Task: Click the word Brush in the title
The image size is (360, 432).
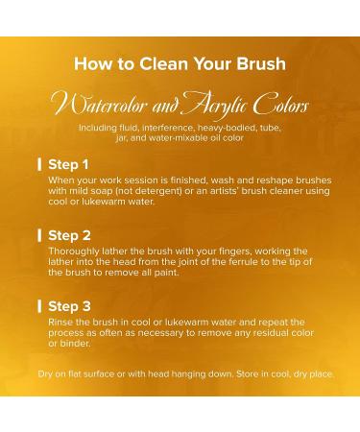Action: tap(261, 63)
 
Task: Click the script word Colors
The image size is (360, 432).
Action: tap(280, 103)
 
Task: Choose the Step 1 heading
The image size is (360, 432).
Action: tap(68, 164)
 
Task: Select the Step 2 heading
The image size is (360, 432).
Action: tap(69, 235)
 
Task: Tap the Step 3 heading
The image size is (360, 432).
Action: tap(69, 306)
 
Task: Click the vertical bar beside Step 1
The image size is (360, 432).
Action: tap(39, 164)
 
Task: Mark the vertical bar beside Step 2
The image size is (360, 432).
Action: tap(39, 235)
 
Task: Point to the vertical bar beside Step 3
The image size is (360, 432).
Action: tap(39, 306)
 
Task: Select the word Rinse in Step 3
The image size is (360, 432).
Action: tap(59, 323)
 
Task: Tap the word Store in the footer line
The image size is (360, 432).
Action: tap(248, 373)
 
